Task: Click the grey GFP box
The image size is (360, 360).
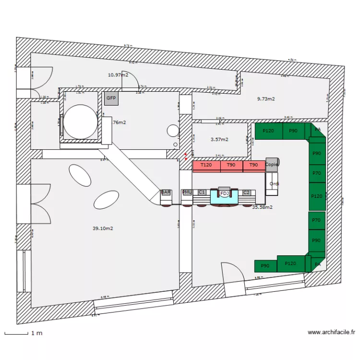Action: coord(111,98)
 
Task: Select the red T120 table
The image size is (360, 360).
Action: coord(206,166)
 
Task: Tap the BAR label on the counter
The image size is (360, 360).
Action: coord(166,192)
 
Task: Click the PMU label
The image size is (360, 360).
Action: coord(187,192)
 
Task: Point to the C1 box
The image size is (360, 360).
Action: coord(202,192)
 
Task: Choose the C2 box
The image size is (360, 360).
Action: coord(246,192)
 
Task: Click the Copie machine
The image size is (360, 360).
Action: coord(272,164)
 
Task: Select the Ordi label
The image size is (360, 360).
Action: coord(275,184)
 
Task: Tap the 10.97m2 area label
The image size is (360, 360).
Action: coord(118,75)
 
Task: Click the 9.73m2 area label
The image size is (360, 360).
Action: coord(266,99)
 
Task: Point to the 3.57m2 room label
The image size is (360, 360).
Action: coord(219,140)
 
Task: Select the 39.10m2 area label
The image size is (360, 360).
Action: coord(103,228)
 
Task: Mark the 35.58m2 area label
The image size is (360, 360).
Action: coord(263,207)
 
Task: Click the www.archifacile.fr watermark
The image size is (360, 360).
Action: coord(331,332)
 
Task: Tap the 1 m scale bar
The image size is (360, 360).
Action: coord(16,333)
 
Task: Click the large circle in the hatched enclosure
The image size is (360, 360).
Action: coord(80,121)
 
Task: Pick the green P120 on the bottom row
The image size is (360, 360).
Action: coord(290,264)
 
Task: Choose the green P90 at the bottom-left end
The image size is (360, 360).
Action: coord(265,265)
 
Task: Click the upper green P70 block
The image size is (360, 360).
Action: coord(316,173)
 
